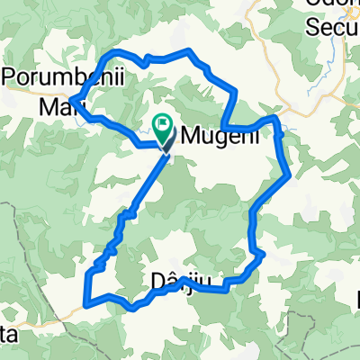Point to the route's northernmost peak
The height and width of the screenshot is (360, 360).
(187, 51)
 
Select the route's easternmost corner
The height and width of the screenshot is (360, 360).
(289, 175)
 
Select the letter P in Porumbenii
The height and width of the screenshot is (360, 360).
(12, 78)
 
